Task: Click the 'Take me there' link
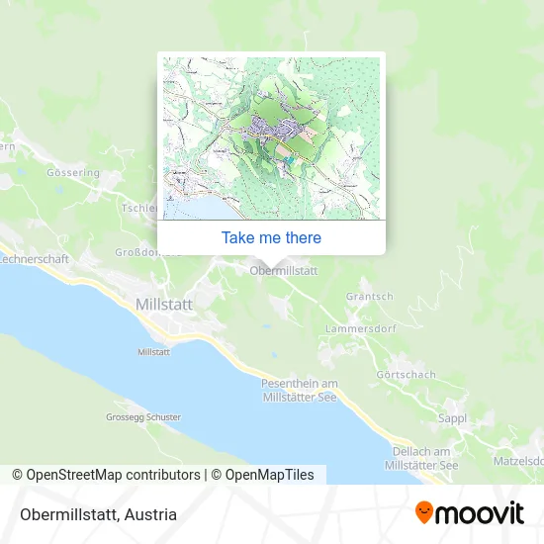click(x=271, y=237)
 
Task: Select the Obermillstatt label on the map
click(x=284, y=270)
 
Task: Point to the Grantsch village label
click(x=370, y=296)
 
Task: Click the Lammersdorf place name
click(x=360, y=327)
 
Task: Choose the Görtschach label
click(x=406, y=375)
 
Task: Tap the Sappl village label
click(x=452, y=418)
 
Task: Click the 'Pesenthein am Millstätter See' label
click(x=300, y=389)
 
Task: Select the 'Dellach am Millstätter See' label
click(x=420, y=457)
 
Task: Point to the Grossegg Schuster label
click(x=143, y=417)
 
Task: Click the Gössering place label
click(x=72, y=172)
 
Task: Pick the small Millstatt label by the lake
click(x=154, y=352)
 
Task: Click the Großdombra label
click(x=148, y=251)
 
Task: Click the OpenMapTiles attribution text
click(x=269, y=475)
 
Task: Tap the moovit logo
click(x=469, y=513)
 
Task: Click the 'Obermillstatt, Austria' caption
click(x=97, y=514)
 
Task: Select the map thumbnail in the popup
click(x=271, y=136)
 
